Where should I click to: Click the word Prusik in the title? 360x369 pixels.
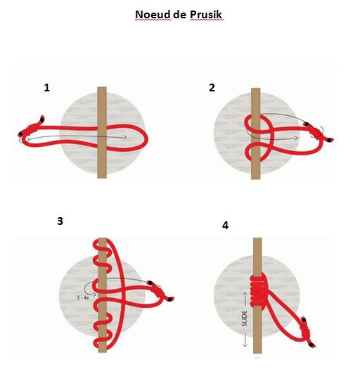205,14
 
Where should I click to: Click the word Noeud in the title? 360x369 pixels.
152,14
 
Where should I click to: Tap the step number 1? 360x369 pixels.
47,88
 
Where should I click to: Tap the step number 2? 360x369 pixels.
212,88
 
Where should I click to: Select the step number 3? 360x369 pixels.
60,221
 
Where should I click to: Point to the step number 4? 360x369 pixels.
225,226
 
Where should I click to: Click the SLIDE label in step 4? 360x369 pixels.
245,313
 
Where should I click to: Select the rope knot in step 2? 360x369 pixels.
311,127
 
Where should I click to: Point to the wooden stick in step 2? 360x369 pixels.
255,105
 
